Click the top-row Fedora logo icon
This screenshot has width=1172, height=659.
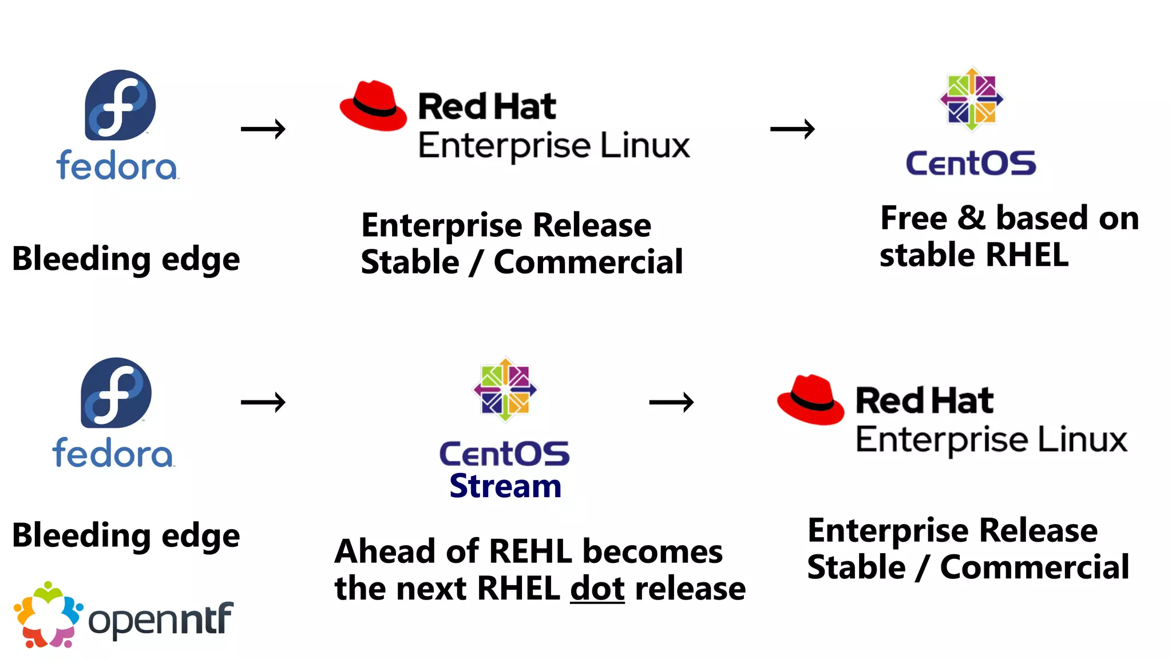[x=120, y=105]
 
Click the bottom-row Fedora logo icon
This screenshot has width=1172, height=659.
[x=116, y=393]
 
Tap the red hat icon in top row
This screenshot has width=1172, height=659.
[x=373, y=106]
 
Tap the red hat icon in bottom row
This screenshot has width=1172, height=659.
[x=810, y=400]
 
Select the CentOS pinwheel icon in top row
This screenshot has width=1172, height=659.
[x=972, y=100]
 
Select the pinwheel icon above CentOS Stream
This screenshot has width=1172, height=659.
[x=505, y=390]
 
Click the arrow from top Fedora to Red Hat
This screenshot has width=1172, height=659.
[x=263, y=129]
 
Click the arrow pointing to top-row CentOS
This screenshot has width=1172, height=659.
[x=793, y=129]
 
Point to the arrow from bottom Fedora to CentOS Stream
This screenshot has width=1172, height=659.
[x=263, y=403]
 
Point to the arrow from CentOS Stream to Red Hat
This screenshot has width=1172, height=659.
[x=671, y=403]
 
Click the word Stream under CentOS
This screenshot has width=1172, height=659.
[x=505, y=486]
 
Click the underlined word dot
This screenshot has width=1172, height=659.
[x=597, y=588]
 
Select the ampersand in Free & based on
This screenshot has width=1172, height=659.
[x=971, y=218]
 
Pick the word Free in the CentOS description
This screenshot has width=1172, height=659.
[x=913, y=219]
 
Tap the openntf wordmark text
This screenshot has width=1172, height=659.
[x=161, y=620]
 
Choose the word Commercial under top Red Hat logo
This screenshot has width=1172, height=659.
[x=588, y=262]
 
